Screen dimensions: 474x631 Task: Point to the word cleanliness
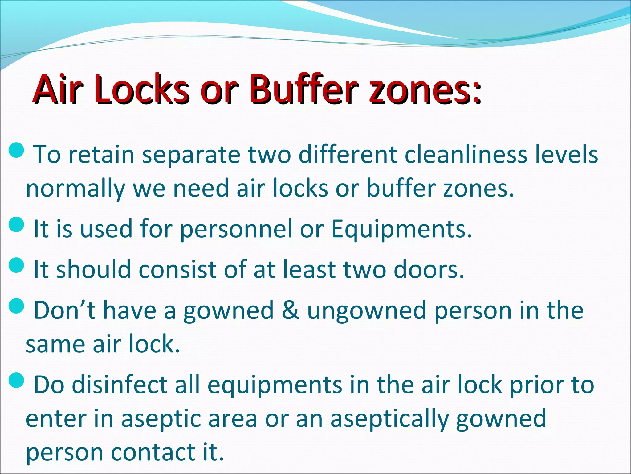point(465,154)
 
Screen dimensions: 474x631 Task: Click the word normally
point(75,189)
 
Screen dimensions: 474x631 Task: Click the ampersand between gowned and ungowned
point(290,310)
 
